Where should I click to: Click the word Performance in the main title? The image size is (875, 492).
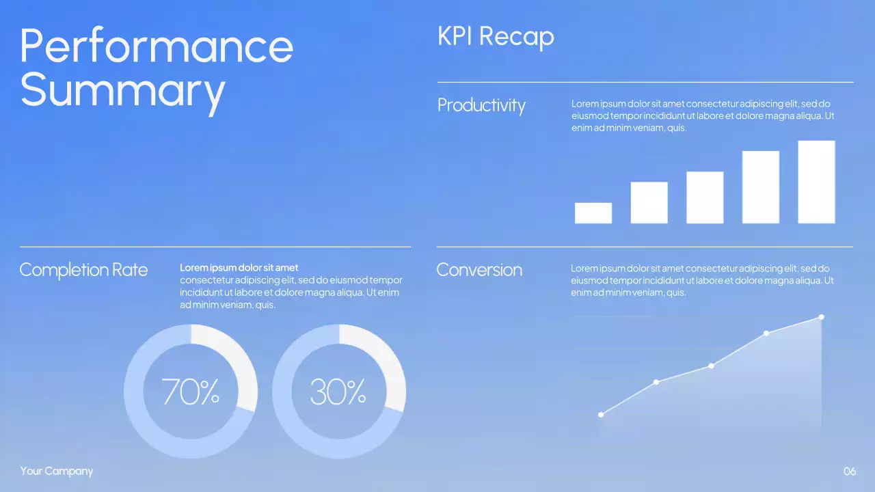157,46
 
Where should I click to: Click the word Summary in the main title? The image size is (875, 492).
122,90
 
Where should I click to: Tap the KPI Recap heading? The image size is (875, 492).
496,36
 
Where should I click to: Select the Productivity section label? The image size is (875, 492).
481,105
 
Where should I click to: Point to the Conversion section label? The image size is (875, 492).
479,270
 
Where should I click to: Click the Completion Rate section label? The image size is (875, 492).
83,270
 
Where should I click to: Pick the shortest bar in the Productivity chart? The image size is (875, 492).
593,213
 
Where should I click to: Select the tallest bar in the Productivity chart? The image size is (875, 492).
816,182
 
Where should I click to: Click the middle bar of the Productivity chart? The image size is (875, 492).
705,197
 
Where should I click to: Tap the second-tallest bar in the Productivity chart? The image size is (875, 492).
760,187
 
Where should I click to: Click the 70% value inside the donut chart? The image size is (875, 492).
191,392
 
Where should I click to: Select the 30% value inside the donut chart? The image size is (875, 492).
338,392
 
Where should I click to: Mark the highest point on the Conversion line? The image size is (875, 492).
821,317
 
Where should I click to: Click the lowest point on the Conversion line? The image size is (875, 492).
601,415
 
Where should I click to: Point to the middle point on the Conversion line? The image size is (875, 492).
711,366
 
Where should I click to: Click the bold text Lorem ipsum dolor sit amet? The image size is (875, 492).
239,268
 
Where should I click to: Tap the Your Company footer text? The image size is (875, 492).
57,471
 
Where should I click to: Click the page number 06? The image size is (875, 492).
850,471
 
